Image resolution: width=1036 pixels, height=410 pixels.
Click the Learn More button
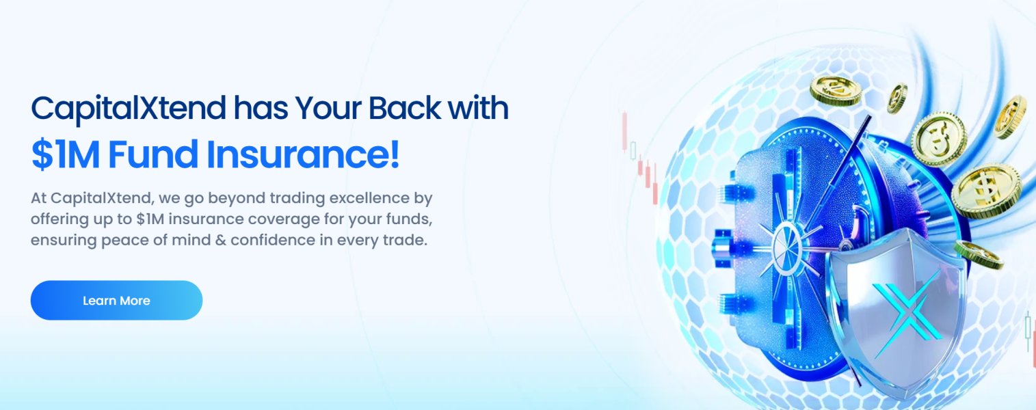[116, 301]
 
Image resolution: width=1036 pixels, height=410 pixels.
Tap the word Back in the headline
[405, 108]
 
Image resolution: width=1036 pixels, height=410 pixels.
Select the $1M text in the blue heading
[66, 154]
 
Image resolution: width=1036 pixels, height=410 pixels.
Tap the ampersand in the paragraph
[221, 241]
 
